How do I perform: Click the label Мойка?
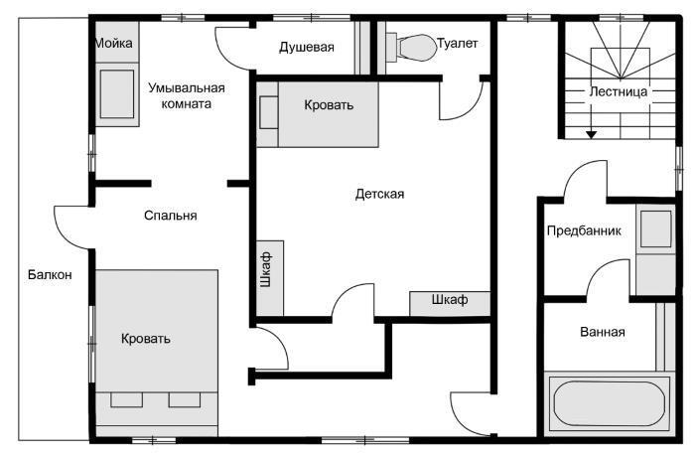[113, 43]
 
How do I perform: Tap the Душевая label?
[306, 47]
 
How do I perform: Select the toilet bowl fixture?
[411, 47]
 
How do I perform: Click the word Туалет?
[458, 43]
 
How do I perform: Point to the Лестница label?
[618, 91]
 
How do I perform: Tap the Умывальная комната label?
[187, 95]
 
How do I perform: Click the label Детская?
[379, 194]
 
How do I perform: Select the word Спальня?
[170, 216]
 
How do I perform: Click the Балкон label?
[50, 274]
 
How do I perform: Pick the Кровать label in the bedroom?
[145, 339]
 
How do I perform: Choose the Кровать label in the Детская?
[329, 105]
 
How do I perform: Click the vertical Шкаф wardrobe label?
[266, 269]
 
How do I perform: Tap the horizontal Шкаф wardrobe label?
[450, 299]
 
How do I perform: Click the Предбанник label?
[584, 230]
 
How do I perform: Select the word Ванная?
[603, 332]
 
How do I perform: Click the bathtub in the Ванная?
[610, 403]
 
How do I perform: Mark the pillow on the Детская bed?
[269, 112]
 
